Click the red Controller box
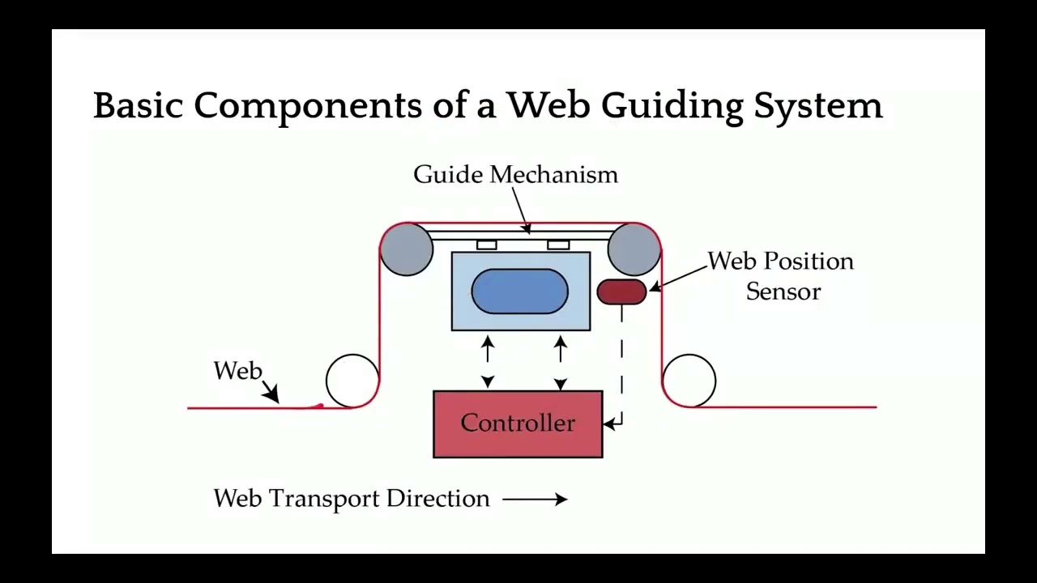click(518, 424)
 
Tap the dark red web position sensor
click(621, 291)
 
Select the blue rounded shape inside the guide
click(519, 291)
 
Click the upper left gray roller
click(407, 249)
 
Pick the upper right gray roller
click(634, 249)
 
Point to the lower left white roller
click(352, 381)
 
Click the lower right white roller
click(689, 381)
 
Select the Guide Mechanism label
click(515, 175)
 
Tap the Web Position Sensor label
click(781, 276)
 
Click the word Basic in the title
click(139, 106)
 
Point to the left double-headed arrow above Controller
click(488, 361)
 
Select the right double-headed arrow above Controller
click(560, 361)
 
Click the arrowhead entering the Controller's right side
click(611, 423)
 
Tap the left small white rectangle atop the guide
click(486, 245)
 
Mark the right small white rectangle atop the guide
click(558, 245)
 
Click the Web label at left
click(238, 371)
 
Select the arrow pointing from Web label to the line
click(270, 393)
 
